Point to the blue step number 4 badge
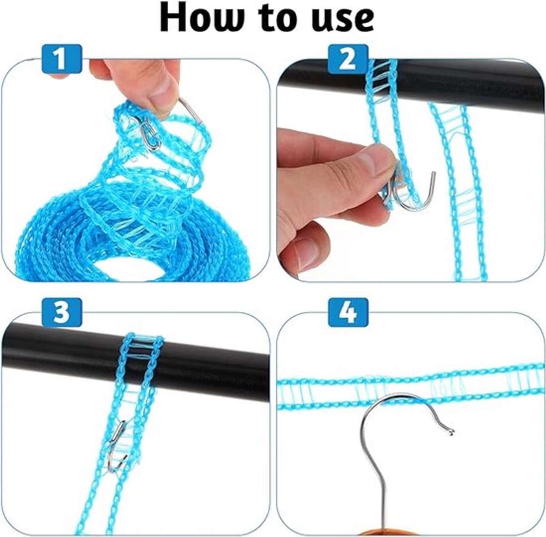click(349, 312)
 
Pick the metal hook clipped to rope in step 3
click(117, 445)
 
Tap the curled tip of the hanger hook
click(450, 440)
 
